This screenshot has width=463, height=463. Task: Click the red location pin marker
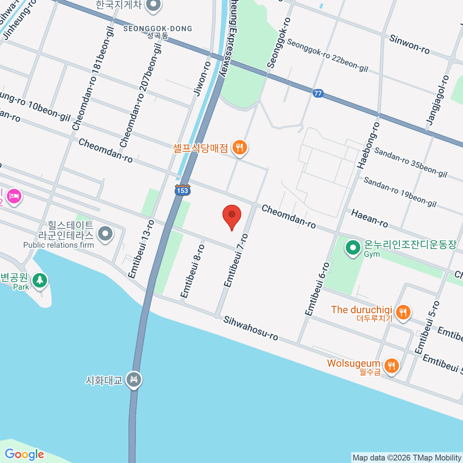pos(232,215)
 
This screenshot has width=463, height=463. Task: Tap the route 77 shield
pos(318,93)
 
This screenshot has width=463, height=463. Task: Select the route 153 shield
pos(182,191)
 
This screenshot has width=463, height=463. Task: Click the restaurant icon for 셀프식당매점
pos(240,147)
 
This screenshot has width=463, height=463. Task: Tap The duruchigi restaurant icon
pos(403,311)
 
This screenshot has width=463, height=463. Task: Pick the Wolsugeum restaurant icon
pos(392,365)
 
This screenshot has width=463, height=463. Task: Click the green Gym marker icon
pos(352,248)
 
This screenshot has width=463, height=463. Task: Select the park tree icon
pos(39,281)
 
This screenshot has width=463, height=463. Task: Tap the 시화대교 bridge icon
pos(134,380)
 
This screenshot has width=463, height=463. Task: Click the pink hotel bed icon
pos(14,196)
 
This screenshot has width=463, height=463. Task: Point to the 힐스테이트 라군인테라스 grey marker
pos(105,233)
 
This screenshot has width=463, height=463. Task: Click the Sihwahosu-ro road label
pos(251,328)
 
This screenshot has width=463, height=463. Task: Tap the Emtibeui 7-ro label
pos(236,260)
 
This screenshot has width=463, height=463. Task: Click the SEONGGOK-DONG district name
pos(157,29)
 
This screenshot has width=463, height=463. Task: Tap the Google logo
pos(24,455)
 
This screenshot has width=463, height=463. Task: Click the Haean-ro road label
pos(369,218)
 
